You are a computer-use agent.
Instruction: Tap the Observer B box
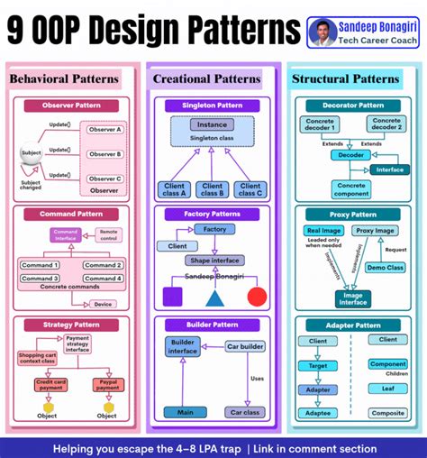click(104, 153)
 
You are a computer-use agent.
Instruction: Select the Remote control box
click(108, 234)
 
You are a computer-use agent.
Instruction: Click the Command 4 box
click(102, 279)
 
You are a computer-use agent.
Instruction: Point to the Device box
click(103, 304)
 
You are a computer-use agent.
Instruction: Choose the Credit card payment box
click(50, 385)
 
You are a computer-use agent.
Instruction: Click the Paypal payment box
click(107, 385)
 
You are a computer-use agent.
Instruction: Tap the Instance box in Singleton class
click(212, 124)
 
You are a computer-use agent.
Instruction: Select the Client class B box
click(213, 189)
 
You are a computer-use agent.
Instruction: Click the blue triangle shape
click(214, 297)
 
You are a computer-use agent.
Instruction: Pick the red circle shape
click(257, 297)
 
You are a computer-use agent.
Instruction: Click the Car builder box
click(244, 346)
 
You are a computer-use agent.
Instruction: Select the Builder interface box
click(183, 347)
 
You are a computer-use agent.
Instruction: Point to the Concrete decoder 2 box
click(387, 124)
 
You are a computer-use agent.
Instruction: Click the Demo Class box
click(386, 267)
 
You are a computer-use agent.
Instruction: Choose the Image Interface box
click(352, 298)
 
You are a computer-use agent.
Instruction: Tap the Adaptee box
click(317, 413)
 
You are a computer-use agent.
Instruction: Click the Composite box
click(388, 413)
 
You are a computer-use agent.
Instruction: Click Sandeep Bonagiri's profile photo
click(322, 32)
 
